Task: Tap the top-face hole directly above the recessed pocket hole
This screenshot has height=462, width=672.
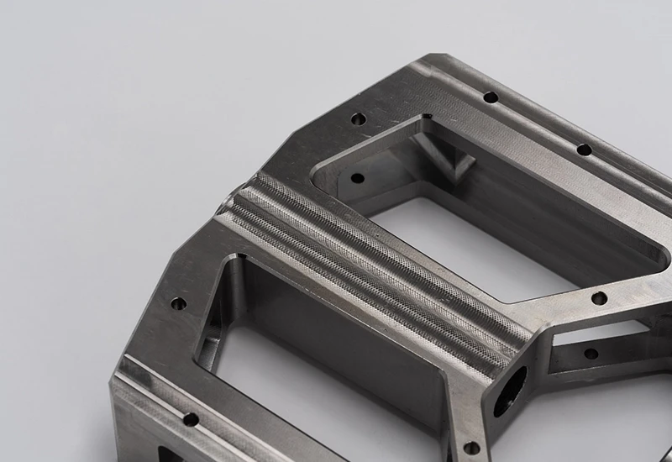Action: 356,119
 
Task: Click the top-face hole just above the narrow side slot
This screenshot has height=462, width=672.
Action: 598,298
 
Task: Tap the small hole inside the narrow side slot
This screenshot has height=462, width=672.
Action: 591,353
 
